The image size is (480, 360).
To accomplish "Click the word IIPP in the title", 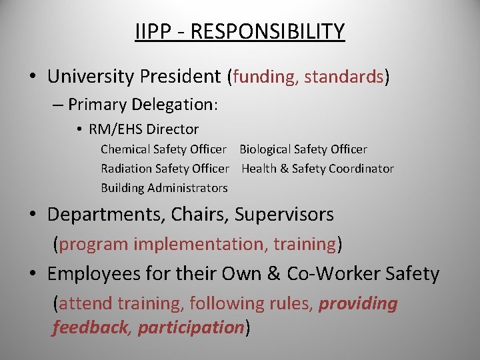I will coord(149,31).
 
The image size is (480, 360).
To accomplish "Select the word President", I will coord(180,77).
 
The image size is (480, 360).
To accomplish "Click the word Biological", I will coord(266,149).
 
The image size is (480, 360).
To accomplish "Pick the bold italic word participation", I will coord(190,328).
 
